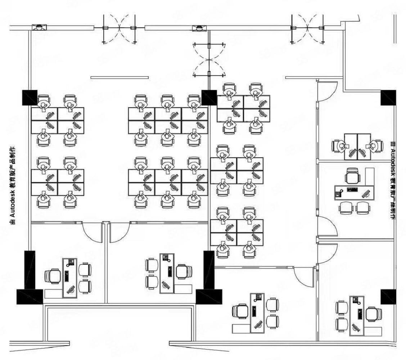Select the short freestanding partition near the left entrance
(119, 77)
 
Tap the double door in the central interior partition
(209, 60)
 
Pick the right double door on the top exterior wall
(307, 28)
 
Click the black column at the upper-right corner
(388, 98)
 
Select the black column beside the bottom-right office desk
(388, 296)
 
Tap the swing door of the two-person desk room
(328, 91)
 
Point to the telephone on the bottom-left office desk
(70, 262)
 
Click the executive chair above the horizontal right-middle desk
(352, 176)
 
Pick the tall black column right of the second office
(209, 270)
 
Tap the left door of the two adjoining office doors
(93, 232)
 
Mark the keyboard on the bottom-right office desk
(359, 313)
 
